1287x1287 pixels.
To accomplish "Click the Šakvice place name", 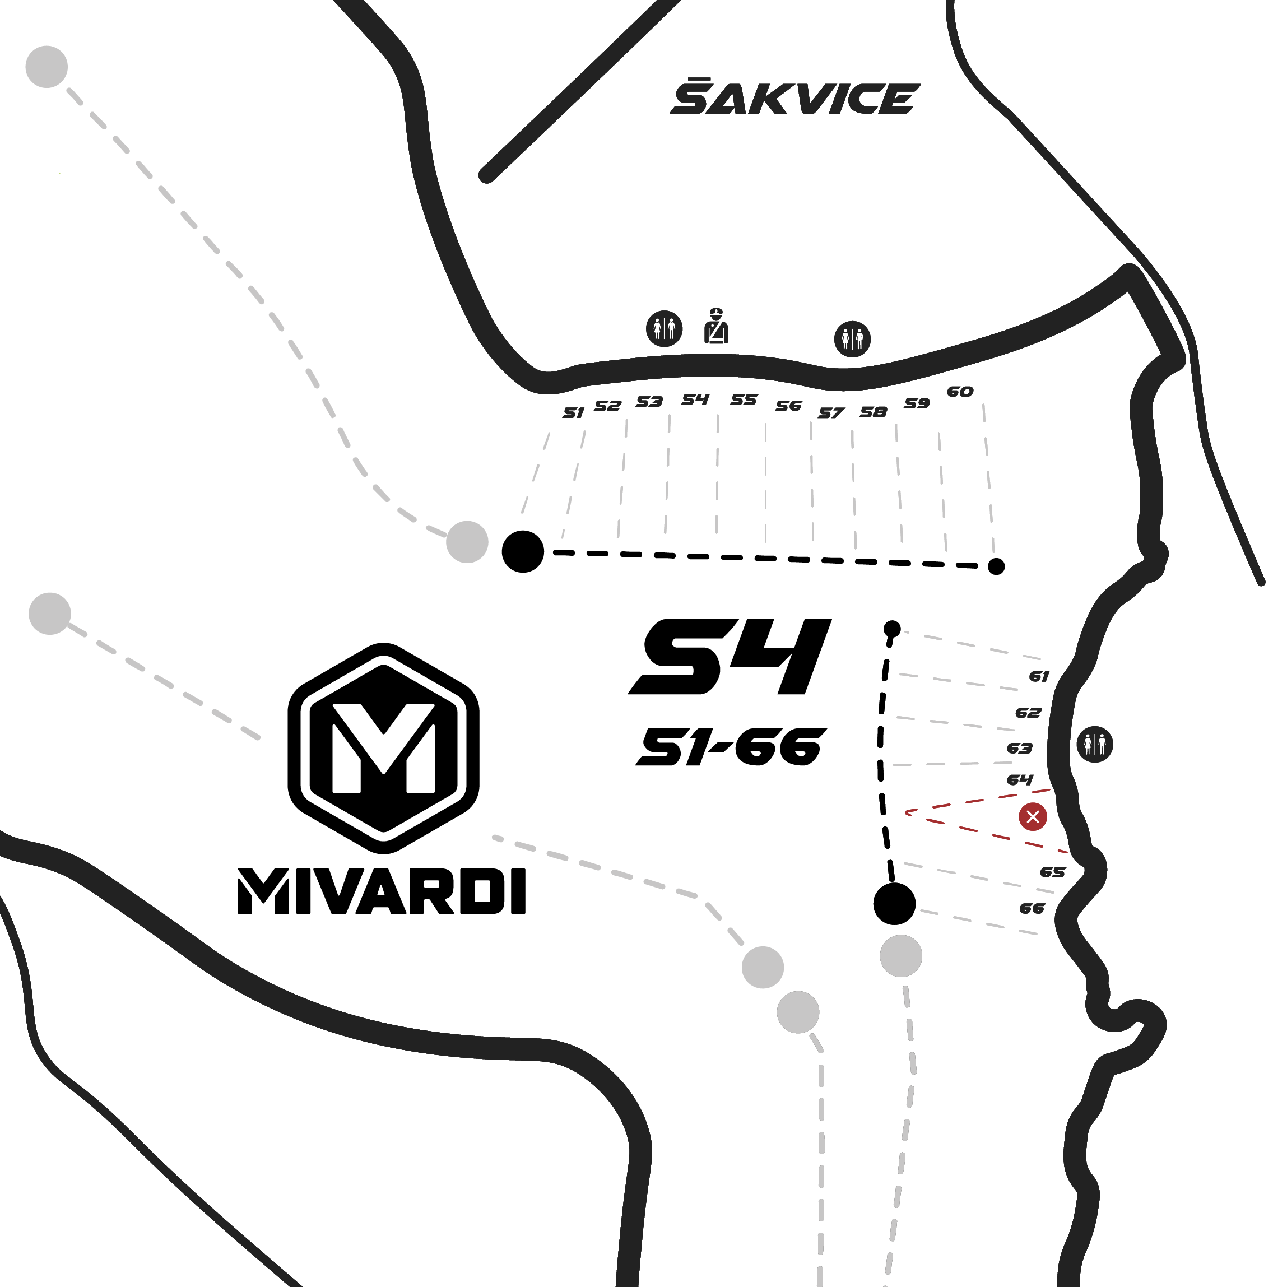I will point(794,97).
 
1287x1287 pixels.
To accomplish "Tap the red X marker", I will point(1033,817).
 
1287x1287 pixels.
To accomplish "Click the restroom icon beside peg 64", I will point(1094,744).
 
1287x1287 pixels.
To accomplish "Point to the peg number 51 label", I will point(573,413).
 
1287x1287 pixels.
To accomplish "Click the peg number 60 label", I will point(960,392).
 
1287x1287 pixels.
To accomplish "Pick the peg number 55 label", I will point(744,399).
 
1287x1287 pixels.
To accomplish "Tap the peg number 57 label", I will point(831,413).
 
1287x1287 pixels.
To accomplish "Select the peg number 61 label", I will point(1039,677).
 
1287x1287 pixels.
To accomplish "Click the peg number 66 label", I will point(1032,909).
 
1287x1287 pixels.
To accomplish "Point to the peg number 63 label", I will point(1019,749).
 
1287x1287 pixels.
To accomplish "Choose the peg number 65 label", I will point(1052,872).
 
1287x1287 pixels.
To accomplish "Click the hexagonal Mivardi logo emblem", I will point(383,748).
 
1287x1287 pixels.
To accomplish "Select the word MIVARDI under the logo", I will point(382,891).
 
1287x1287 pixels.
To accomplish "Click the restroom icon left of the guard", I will point(664,328).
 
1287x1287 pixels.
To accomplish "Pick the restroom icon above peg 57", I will point(852,339).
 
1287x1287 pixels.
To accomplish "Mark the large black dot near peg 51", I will point(523,551).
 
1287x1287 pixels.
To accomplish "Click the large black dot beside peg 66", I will point(894,904).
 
